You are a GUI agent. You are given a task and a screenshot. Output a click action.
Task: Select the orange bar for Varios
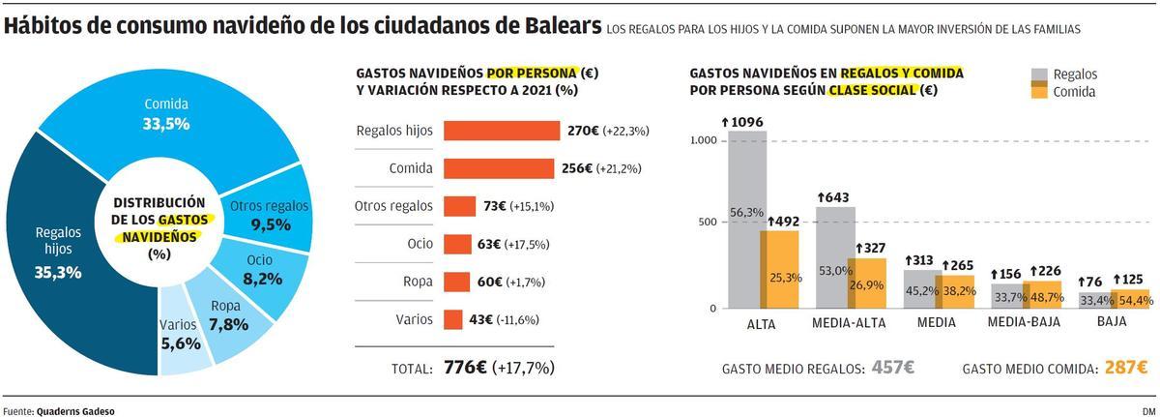pos(452,319)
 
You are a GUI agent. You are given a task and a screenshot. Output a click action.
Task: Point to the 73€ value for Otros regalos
pos(481,206)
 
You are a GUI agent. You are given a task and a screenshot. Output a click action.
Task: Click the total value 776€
pos(465,369)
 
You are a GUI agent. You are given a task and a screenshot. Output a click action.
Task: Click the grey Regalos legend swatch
pos(1040,74)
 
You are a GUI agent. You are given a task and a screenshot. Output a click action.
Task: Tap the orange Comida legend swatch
pos(1040,92)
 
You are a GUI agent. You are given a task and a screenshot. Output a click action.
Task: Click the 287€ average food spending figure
pos(1126,369)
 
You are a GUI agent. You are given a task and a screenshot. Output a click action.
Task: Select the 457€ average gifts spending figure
pos(892,369)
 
